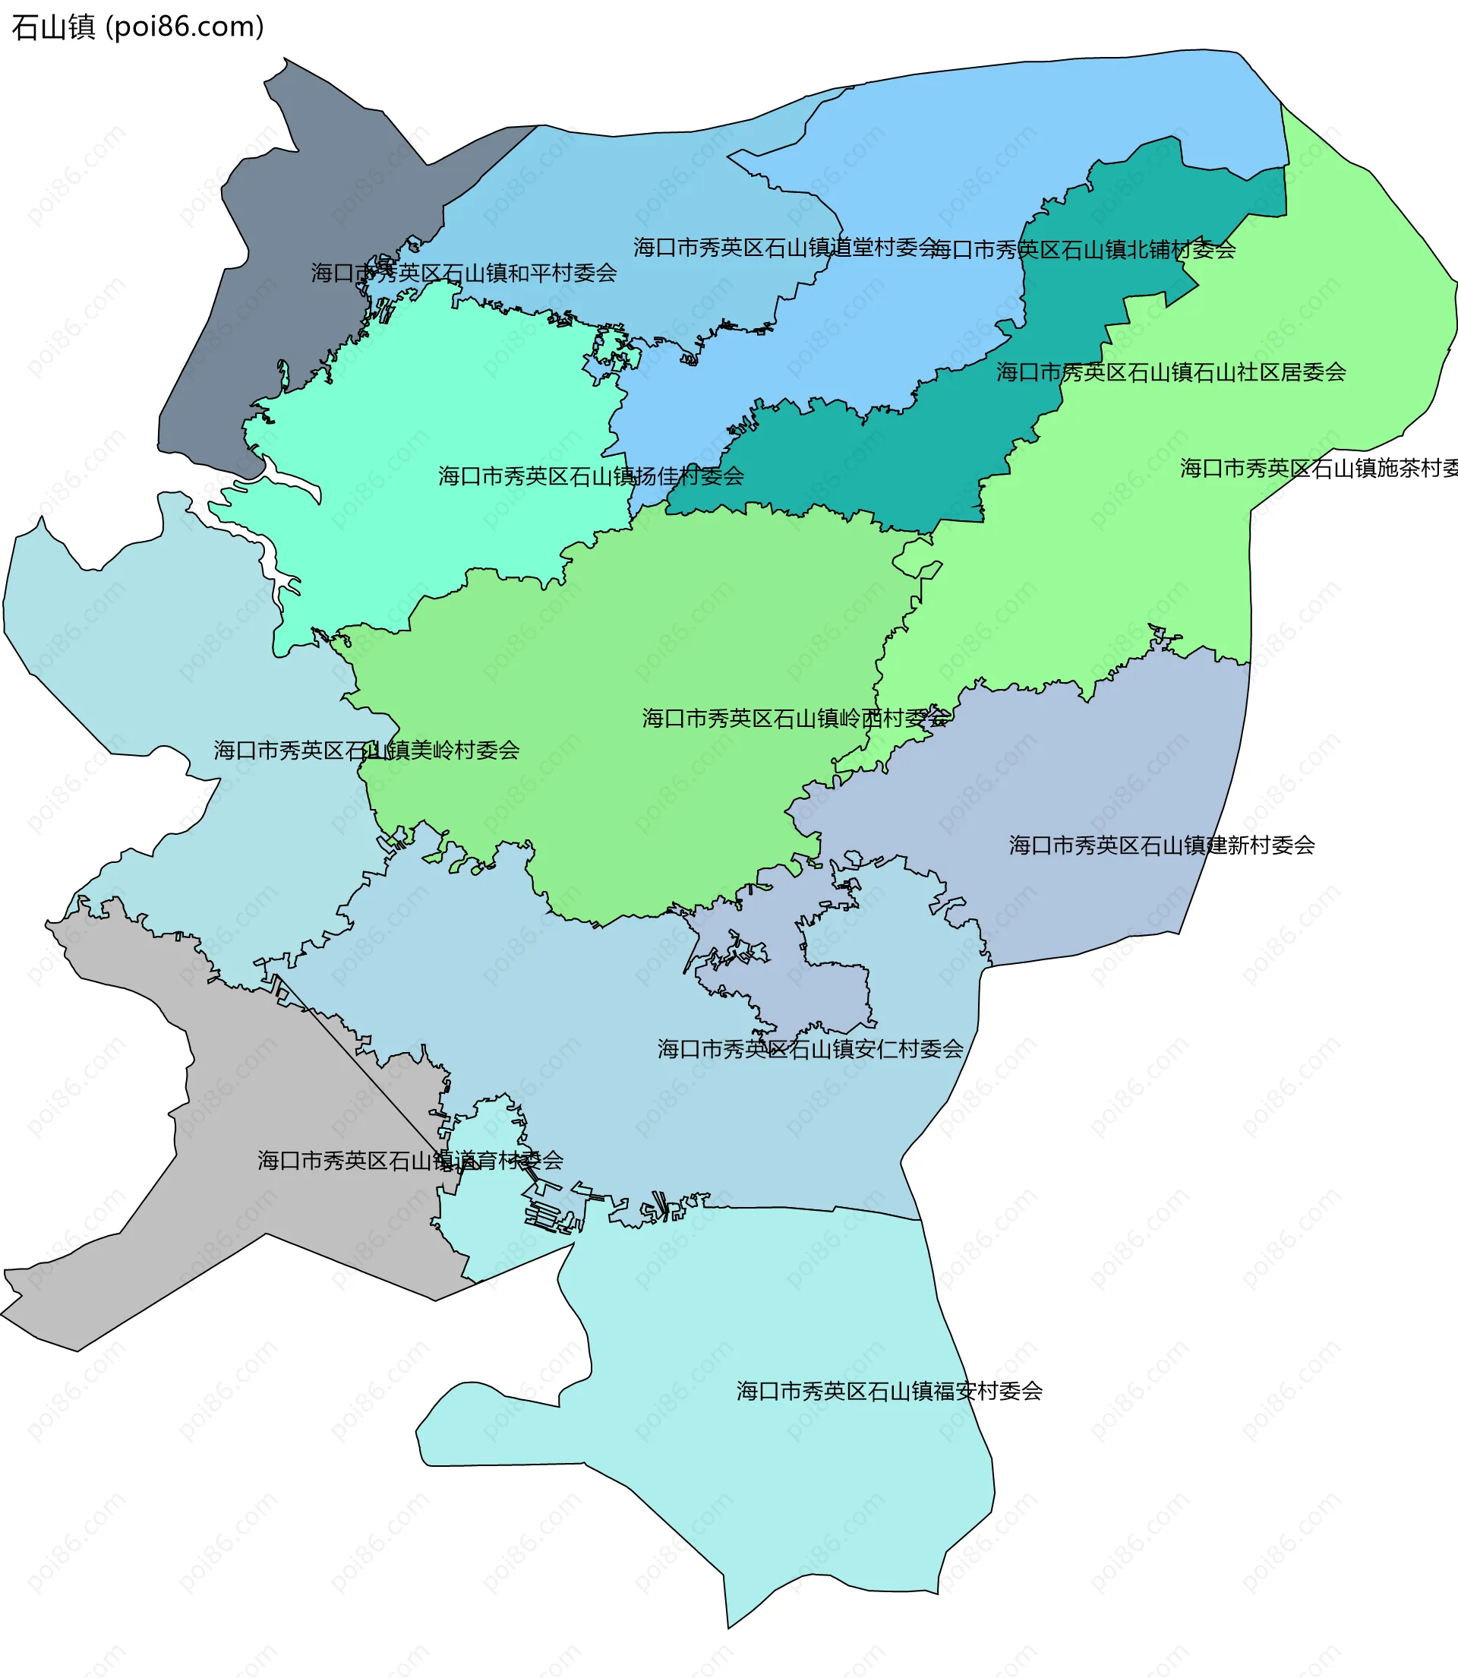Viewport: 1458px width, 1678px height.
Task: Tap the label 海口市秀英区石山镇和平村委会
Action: [464, 273]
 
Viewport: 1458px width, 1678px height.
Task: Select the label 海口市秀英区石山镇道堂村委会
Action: [785, 248]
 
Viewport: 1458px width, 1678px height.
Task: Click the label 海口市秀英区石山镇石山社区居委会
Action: [1171, 373]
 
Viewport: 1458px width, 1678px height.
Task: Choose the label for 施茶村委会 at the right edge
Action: [1318, 469]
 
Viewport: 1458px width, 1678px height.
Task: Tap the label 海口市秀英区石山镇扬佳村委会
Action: [591, 477]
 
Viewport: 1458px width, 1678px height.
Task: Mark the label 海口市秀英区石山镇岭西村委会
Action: [795, 719]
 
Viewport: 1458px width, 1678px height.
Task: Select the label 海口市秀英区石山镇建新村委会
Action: [1162, 846]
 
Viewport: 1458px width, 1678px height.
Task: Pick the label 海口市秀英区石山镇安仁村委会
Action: [810, 1050]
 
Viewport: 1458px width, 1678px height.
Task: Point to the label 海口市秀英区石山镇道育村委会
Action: [410, 1161]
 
